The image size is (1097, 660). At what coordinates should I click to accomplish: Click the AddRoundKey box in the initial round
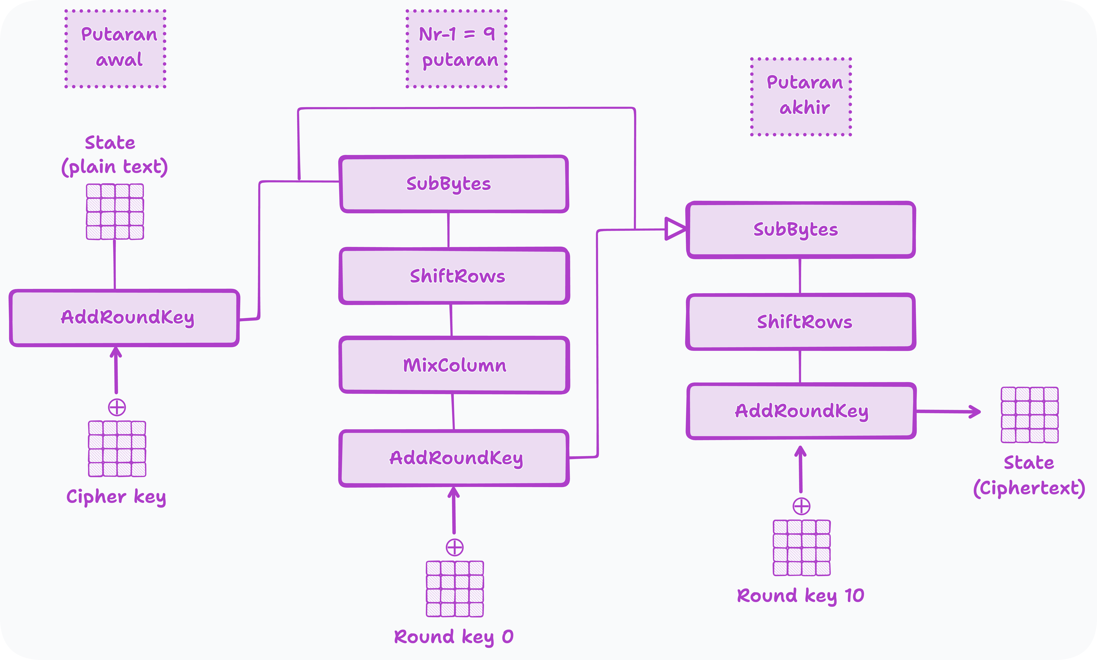(x=124, y=318)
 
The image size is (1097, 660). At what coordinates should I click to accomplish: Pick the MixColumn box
(x=454, y=365)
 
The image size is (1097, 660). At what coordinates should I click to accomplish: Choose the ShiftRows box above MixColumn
(x=454, y=276)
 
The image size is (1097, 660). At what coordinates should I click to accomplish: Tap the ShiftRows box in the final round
(x=800, y=322)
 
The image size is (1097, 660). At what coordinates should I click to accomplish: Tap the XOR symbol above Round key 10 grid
(x=801, y=506)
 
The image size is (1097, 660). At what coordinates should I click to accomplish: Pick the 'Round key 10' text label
(x=800, y=596)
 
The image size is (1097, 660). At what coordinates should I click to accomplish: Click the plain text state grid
(x=115, y=212)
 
